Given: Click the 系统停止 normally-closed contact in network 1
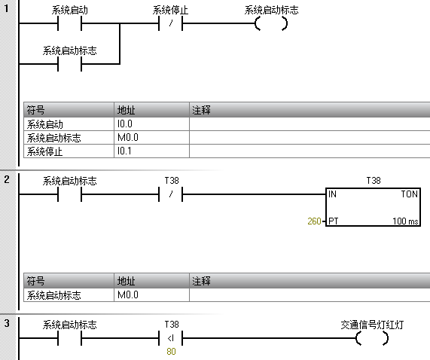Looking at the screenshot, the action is [x=171, y=23].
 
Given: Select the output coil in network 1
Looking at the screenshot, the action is [x=271, y=23].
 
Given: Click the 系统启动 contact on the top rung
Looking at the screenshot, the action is [x=69, y=23].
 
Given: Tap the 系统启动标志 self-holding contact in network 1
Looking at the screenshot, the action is [x=69, y=64].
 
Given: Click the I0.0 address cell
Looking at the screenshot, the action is [x=151, y=124].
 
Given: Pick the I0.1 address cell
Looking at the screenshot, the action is [x=151, y=151].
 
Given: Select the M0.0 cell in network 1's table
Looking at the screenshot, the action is [x=151, y=137].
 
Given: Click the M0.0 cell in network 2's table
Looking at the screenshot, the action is [x=151, y=294].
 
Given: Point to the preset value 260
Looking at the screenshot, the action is [x=314, y=221].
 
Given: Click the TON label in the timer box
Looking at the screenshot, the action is [x=409, y=194].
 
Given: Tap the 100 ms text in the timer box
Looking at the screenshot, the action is [x=405, y=221].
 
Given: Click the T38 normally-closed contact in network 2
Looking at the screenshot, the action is [x=171, y=194].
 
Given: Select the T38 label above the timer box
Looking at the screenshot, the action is [x=374, y=181].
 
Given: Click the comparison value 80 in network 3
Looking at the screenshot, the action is [x=171, y=351].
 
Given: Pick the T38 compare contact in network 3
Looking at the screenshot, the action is [x=171, y=338].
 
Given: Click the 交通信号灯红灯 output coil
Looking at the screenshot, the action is [x=372, y=338].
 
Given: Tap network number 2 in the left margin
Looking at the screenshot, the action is [x=7, y=179].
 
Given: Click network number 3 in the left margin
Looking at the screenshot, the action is [x=7, y=323].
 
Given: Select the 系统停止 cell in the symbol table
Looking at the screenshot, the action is [x=69, y=151].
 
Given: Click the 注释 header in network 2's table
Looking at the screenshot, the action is [x=201, y=281].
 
